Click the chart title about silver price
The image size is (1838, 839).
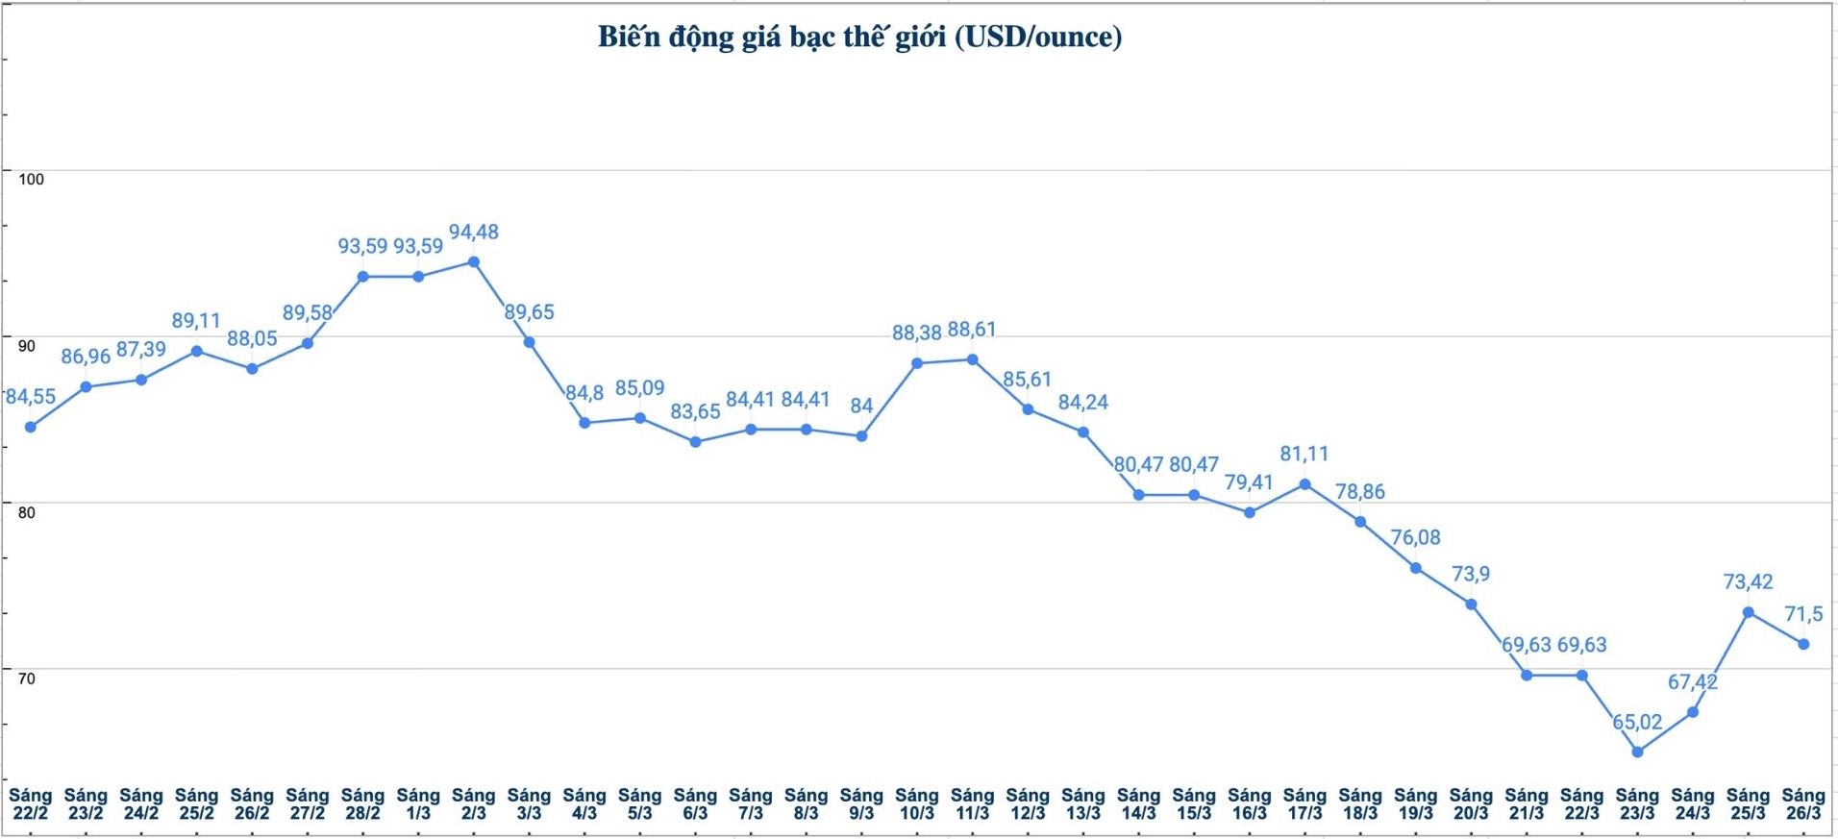point(859,37)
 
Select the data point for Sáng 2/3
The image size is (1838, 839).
point(474,261)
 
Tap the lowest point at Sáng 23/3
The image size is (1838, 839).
point(1638,752)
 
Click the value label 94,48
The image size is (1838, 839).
point(474,232)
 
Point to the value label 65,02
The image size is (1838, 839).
point(1637,722)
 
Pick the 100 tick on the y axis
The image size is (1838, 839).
point(32,179)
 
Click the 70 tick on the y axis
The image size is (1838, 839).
point(27,679)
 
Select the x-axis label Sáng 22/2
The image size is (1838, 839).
point(30,803)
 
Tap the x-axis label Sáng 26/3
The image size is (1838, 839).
point(1803,803)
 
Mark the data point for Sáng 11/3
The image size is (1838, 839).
point(973,359)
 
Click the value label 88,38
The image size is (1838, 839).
point(916,333)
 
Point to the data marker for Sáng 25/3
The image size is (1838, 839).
point(1749,612)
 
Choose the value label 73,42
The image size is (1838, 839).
point(1748,581)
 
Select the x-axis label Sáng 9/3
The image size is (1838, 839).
point(861,803)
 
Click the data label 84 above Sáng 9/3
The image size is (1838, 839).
point(861,406)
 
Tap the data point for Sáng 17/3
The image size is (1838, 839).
point(1305,484)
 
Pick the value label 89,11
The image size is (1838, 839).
point(196,320)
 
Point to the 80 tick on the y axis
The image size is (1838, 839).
point(27,512)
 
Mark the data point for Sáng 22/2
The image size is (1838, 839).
point(31,427)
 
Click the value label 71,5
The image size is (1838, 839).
point(1803,613)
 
